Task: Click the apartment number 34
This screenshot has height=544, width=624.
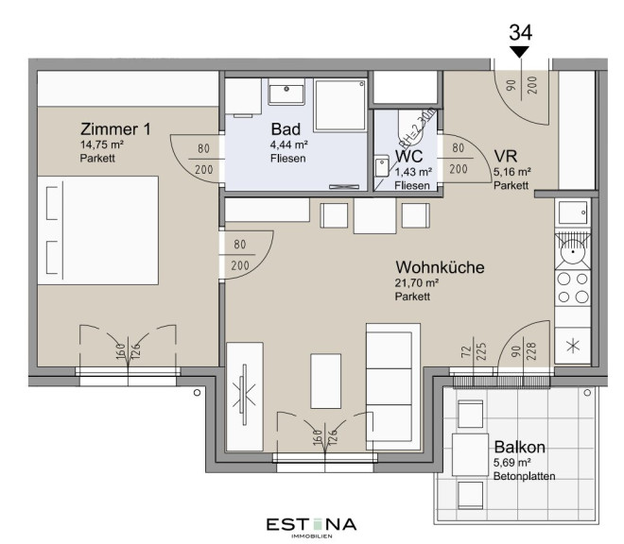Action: pos(521,33)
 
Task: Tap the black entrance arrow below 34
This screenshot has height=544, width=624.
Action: pos(519,52)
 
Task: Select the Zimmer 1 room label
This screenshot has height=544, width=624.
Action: pos(115,128)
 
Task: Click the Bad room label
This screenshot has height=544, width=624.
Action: pos(286,128)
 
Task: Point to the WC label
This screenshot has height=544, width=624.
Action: pos(408,156)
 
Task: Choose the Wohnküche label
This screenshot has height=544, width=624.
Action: pos(440,267)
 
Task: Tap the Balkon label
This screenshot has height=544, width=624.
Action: pos(519,447)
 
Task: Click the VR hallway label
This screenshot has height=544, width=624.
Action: pos(506,156)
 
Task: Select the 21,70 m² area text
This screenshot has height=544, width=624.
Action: pos(417,283)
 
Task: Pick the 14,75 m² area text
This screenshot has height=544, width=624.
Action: pos(102,144)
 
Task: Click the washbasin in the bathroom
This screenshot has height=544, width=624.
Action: pos(286,92)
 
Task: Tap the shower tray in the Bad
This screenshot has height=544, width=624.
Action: pos(339,105)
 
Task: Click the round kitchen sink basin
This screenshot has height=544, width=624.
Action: pos(573,251)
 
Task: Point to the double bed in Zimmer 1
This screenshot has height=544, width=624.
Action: pos(98,230)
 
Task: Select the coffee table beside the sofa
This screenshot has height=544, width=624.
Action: pos(325,381)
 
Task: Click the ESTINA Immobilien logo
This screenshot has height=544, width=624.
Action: pos(312,527)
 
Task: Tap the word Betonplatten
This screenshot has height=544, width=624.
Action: pos(524,476)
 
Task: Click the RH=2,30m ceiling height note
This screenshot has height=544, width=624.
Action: pos(416,127)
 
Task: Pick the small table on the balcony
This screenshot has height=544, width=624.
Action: pos(471,454)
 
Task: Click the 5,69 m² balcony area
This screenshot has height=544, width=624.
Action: pos(512,463)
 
